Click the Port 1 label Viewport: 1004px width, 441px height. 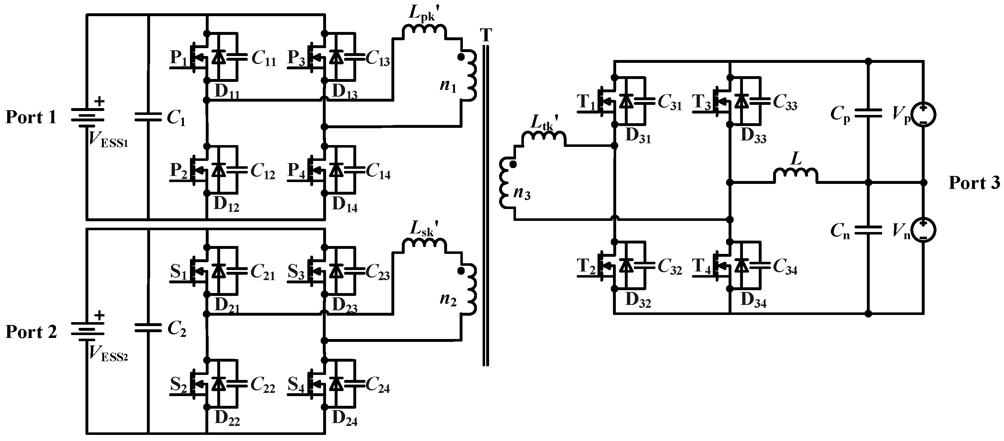pyautogui.click(x=31, y=117)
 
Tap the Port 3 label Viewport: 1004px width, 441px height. pyautogui.click(x=974, y=183)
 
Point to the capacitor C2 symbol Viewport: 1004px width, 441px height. pyautogui.click(x=148, y=328)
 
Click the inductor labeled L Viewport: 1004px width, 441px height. pyautogui.click(x=795, y=176)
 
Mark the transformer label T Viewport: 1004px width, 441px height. pyautogui.click(x=486, y=36)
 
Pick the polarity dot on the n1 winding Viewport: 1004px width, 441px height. pyautogui.click(x=461, y=57)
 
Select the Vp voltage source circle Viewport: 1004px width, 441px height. pyautogui.click(x=923, y=115)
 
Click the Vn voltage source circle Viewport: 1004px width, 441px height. pyautogui.click(x=923, y=230)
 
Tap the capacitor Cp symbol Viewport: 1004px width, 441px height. pyautogui.click(x=868, y=113)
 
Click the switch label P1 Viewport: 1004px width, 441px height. pyautogui.click(x=179, y=58)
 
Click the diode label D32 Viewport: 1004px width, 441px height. pyautogui.click(x=638, y=300)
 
